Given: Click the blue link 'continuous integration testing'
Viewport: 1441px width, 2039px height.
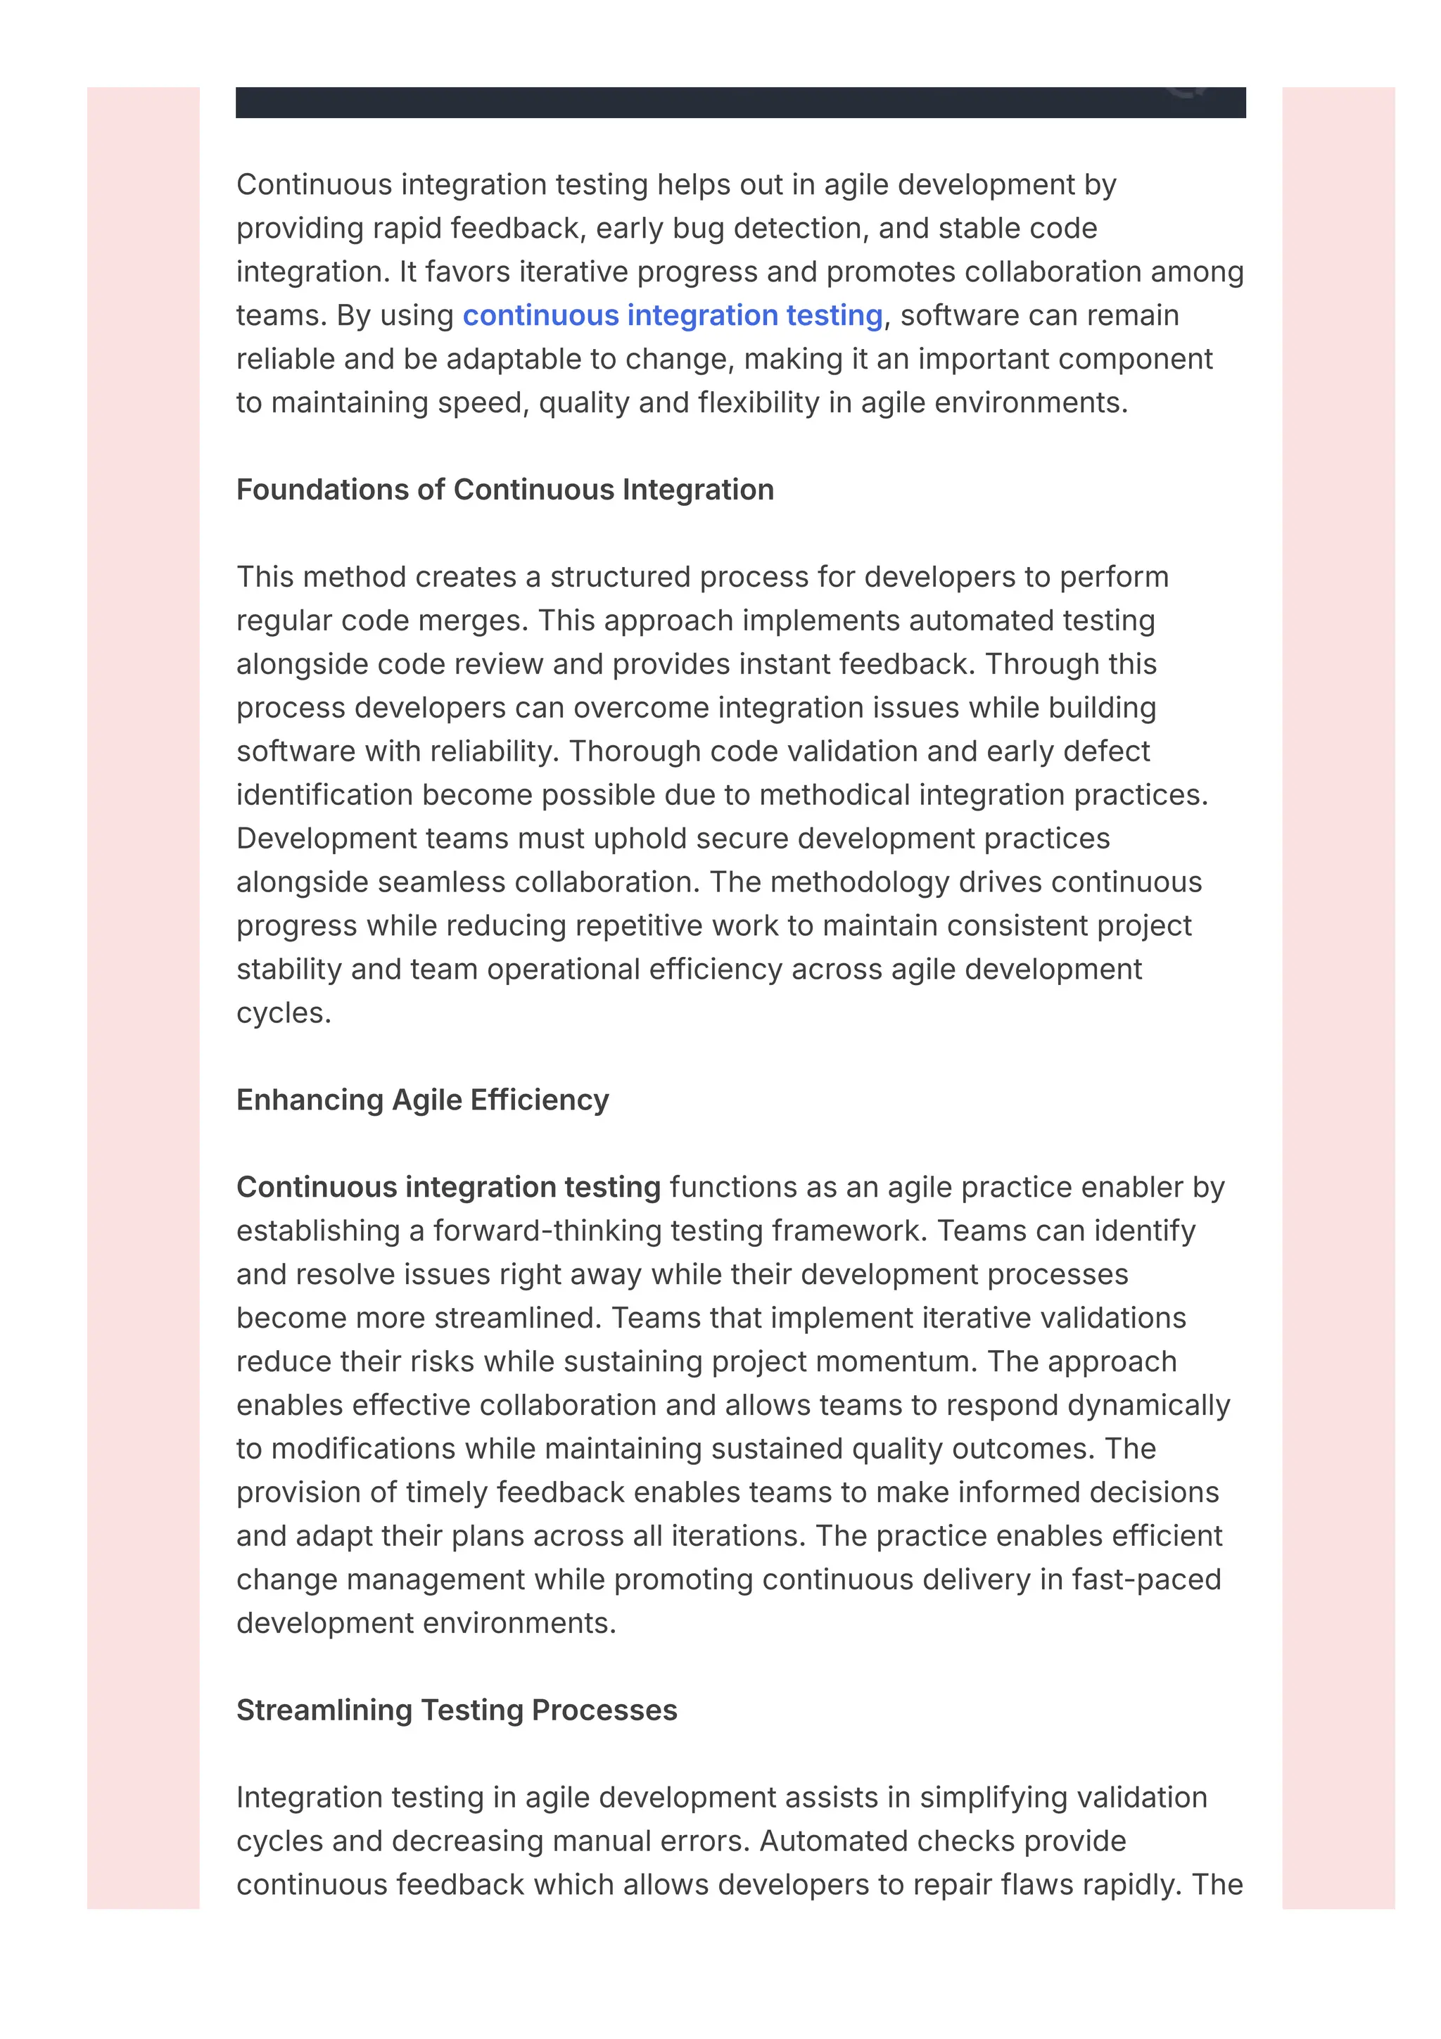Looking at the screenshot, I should [672, 315].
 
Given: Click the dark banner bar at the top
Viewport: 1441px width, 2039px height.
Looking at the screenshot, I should [739, 102].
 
